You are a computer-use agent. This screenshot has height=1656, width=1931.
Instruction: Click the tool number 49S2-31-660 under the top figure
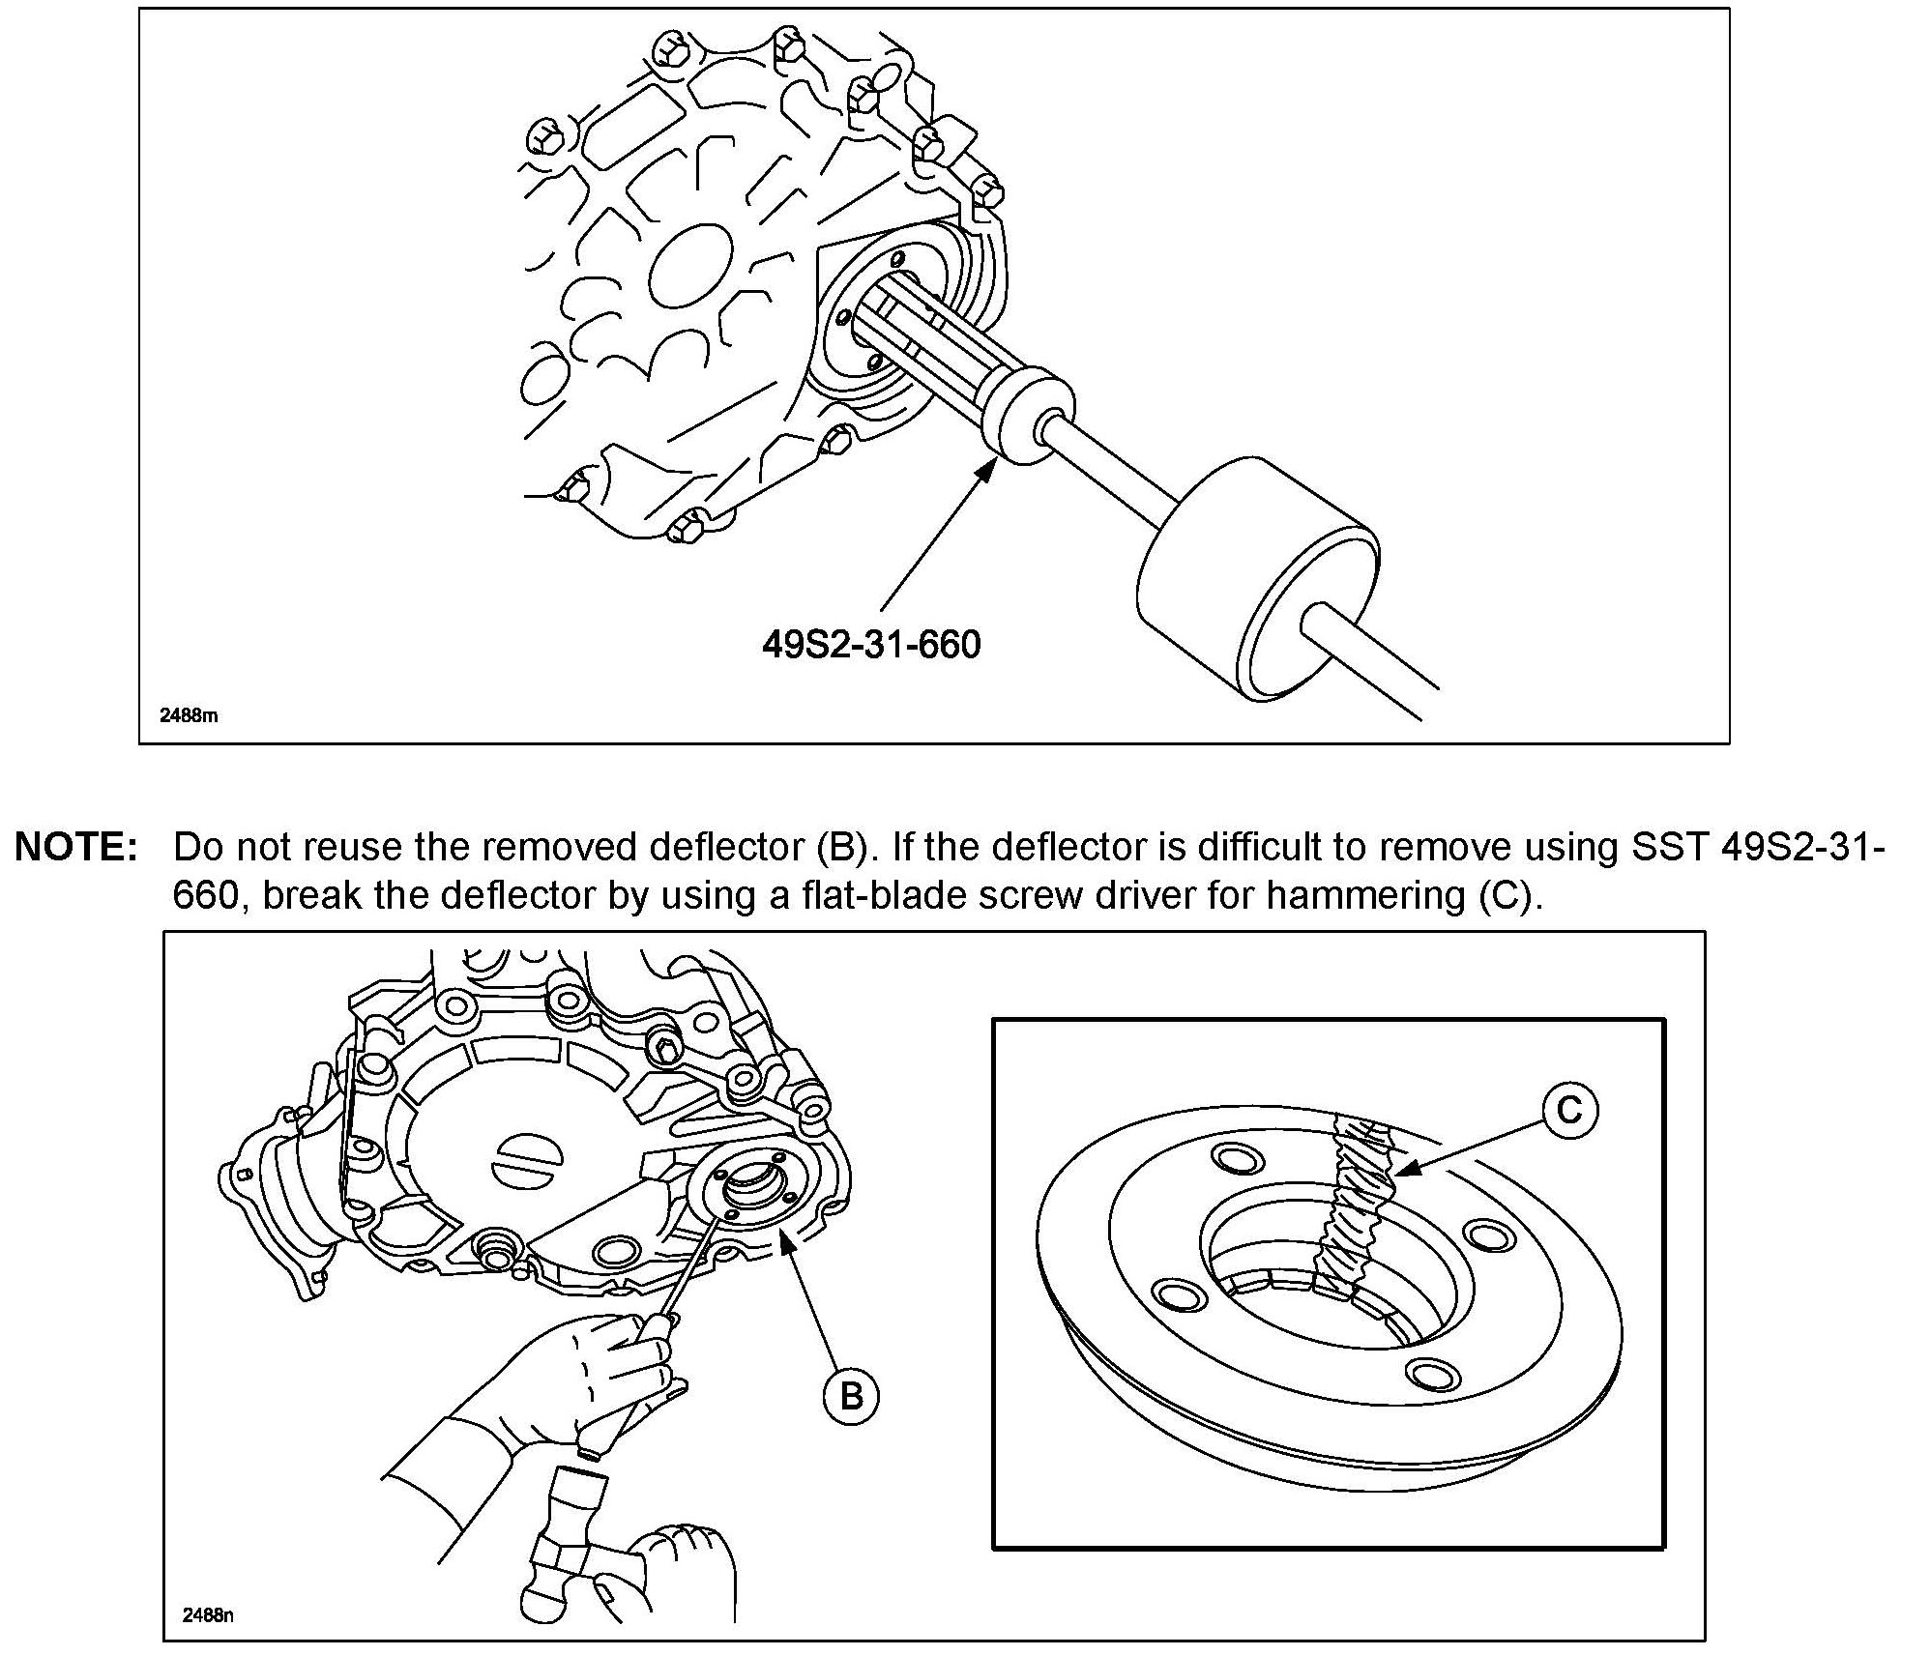click(x=871, y=644)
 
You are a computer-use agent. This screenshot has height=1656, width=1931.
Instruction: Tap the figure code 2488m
click(x=189, y=716)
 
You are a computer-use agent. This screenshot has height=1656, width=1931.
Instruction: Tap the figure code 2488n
click(x=208, y=1614)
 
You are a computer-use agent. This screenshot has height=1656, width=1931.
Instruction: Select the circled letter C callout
click(x=1568, y=1109)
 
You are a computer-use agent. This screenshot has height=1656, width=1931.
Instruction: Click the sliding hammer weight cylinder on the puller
click(x=1257, y=580)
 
